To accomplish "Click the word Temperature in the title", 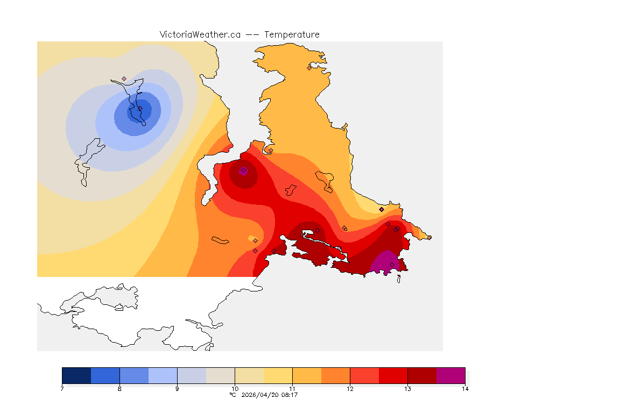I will tap(292, 34).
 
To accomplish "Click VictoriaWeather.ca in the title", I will tap(200, 34).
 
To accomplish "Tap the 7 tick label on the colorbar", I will tap(62, 389).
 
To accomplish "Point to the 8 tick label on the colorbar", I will tap(119, 389).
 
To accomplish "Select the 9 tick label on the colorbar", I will tap(177, 389).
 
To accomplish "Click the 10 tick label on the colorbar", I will tap(235, 389).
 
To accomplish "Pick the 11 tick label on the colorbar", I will tap(292, 389).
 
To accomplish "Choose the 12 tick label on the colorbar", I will tap(350, 389).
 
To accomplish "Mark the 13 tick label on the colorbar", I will tap(407, 389).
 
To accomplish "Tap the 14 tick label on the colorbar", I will tap(464, 389).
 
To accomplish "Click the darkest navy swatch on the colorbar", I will tap(76, 375).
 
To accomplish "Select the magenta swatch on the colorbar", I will tap(450, 375).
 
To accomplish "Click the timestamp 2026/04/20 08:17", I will tap(270, 395).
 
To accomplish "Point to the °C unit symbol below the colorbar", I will tap(232, 395).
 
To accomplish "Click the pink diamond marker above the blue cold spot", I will tap(124, 79).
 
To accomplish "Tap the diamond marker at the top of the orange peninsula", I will tap(309, 68).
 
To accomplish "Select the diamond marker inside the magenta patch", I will tap(392, 265).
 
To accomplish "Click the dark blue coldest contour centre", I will tap(139, 111).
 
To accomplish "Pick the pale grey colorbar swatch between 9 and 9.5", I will tap(192, 375).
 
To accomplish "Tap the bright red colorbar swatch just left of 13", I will tap(393, 375).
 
